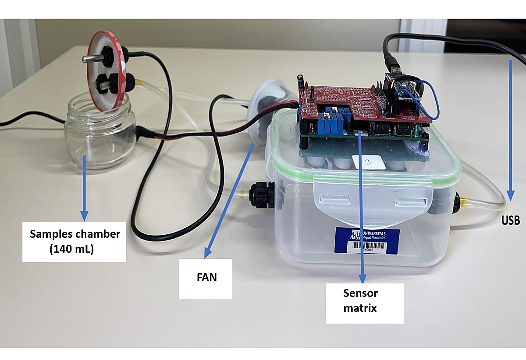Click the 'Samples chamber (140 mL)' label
tap(74, 241)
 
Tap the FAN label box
tap(206, 278)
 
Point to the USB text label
tap(511, 220)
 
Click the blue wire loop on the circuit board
tap(431, 99)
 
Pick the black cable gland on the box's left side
tap(262, 196)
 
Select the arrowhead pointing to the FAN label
tap(208, 254)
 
